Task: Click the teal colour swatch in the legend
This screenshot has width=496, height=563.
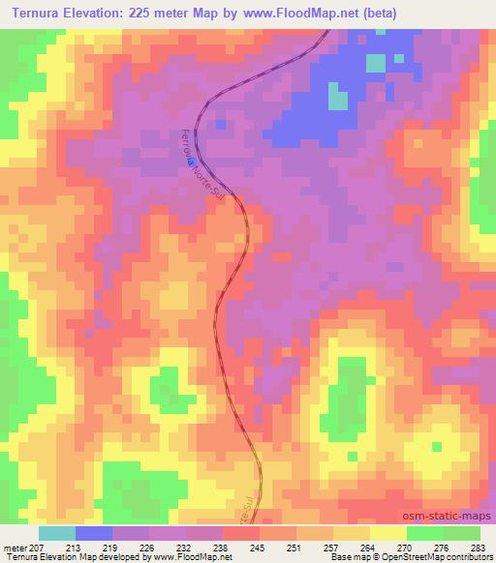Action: click(x=57, y=533)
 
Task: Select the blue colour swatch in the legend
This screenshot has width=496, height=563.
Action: click(x=94, y=533)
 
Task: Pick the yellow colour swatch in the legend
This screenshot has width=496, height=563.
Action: click(x=388, y=533)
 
